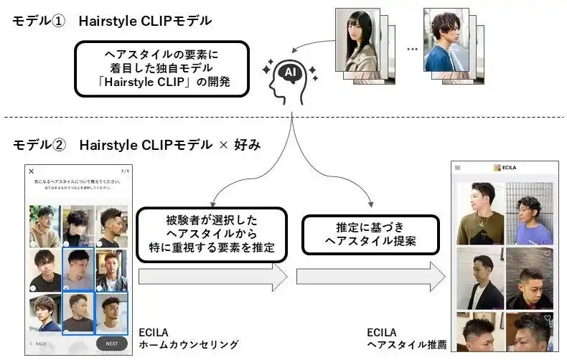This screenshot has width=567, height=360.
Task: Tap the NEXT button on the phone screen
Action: pos(111,344)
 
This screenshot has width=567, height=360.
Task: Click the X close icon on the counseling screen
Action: pos(31,171)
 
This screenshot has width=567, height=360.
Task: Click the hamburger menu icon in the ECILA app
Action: pos(457,167)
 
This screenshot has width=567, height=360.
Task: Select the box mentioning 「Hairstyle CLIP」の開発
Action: pos(161,69)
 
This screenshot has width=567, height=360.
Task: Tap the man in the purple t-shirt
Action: pos(529,214)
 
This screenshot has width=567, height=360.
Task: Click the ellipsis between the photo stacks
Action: pos(411,49)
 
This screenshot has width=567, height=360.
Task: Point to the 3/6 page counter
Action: pos(124,171)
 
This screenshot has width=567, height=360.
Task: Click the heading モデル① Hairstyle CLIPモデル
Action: pos(112,21)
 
